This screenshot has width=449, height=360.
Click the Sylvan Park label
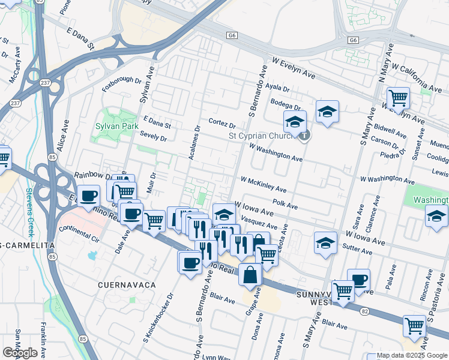coord(116,127)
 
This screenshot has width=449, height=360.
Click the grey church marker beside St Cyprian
coord(305,135)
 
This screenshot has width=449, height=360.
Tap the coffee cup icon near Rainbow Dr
coord(88,195)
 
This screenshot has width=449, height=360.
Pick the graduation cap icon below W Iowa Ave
coord(325,242)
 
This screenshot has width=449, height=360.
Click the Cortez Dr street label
coord(222,124)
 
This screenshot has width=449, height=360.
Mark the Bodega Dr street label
coord(284,103)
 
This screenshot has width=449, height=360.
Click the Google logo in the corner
coord(20,353)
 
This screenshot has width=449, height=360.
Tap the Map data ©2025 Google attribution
coord(412,355)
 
